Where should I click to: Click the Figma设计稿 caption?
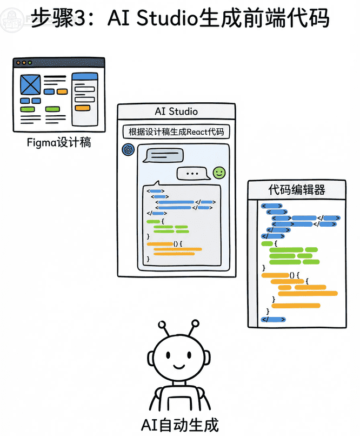(x=58, y=143)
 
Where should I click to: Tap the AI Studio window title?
(x=176, y=111)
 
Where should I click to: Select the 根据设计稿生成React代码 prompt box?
(x=176, y=132)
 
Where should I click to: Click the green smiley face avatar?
(x=219, y=173)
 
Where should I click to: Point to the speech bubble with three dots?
(x=192, y=174)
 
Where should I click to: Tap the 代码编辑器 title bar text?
(x=297, y=190)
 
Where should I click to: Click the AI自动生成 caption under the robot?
(x=180, y=425)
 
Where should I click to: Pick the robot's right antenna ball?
(x=194, y=324)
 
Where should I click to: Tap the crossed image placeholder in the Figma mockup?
(x=30, y=84)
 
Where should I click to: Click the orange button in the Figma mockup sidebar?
(x=83, y=108)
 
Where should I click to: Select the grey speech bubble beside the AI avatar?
(x=162, y=155)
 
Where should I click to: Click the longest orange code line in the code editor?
(x=308, y=293)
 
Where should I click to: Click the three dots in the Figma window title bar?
(x=23, y=63)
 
